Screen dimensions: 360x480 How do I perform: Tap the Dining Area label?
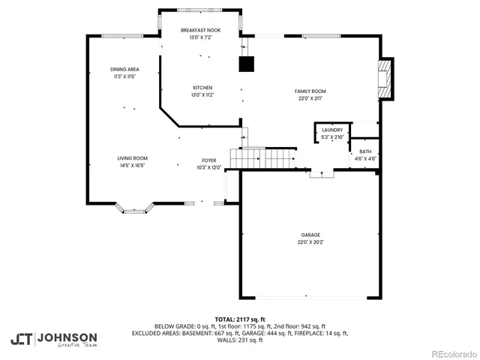pyautogui.click(x=124, y=69)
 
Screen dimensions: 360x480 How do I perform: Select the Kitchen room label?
pyautogui.click(x=202, y=87)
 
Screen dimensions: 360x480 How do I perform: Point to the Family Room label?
pyautogui.click(x=310, y=91)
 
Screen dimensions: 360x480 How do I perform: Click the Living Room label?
pyautogui.click(x=132, y=158)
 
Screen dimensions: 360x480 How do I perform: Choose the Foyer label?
pyautogui.click(x=209, y=160)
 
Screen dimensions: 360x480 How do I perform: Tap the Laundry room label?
pyautogui.click(x=331, y=130)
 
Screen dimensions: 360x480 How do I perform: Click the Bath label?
pyautogui.click(x=365, y=151)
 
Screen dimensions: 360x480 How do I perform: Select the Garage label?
pyautogui.click(x=310, y=235)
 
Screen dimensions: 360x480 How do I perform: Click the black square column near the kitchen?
pyautogui.click(x=247, y=64)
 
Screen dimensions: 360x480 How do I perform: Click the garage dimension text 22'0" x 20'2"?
pyautogui.click(x=310, y=242)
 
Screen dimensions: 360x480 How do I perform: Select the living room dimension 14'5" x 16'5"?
pyautogui.click(x=132, y=166)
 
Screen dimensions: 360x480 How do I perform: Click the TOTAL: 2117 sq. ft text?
pyautogui.click(x=240, y=319)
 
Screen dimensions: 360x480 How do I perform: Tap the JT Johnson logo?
pyautogui.click(x=53, y=338)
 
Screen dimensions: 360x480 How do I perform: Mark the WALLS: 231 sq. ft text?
pyautogui.click(x=240, y=340)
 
